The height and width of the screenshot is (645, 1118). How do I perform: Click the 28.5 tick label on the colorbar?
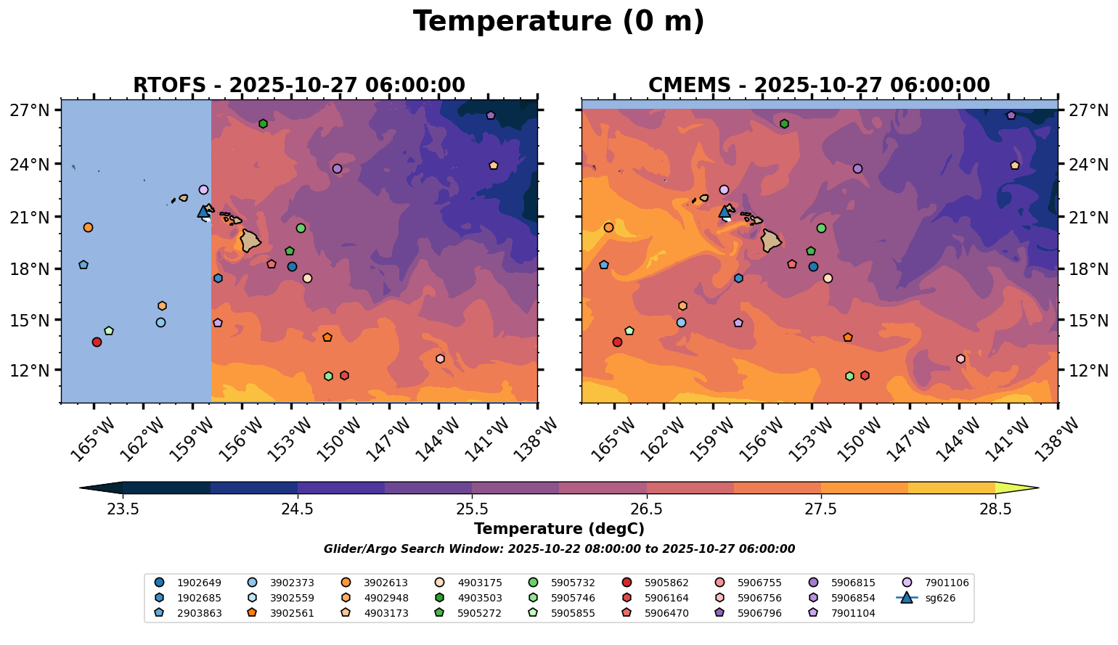[x=995, y=509]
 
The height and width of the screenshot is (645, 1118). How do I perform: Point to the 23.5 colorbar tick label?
[x=123, y=509]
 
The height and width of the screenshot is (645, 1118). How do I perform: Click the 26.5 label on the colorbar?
[x=646, y=509]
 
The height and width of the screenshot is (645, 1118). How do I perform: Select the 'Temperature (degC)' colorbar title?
[x=559, y=529]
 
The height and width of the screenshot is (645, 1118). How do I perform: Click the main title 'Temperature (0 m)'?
[x=559, y=22]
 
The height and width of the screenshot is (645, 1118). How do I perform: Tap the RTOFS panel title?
[x=299, y=86]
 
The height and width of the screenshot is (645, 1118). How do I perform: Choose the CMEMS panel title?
[x=819, y=86]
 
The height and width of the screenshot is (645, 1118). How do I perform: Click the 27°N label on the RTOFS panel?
[x=30, y=111]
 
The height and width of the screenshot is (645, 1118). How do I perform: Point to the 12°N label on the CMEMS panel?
[x=1086, y=371]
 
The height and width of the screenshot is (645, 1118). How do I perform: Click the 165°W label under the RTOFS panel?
[x=92, y=438]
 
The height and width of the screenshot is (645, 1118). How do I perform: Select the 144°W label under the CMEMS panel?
[x=956, y=438]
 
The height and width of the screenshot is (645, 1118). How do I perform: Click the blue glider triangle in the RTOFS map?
[x=203, y=212]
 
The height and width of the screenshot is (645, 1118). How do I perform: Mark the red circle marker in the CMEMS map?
[x=617, y=342]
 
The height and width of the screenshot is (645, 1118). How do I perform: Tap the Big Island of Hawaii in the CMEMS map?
[x=770, y=240]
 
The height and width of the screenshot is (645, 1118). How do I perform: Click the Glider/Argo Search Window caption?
[x=559, y=549]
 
